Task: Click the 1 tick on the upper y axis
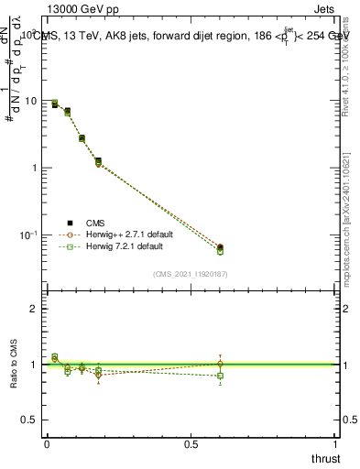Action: point(34,169)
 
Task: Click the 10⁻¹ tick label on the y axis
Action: point(29,235)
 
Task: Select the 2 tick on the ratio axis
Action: point(34,309)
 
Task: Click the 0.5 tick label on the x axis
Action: point(191,444)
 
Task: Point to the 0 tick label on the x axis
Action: point(47,444)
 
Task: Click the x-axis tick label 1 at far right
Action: point(335,444)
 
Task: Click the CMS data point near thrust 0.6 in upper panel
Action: point(220,247)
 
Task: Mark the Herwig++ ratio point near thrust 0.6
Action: point(220,364)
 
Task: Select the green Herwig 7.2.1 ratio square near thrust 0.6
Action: point(220,376)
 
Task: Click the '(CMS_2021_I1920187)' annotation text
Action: point(191,273)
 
